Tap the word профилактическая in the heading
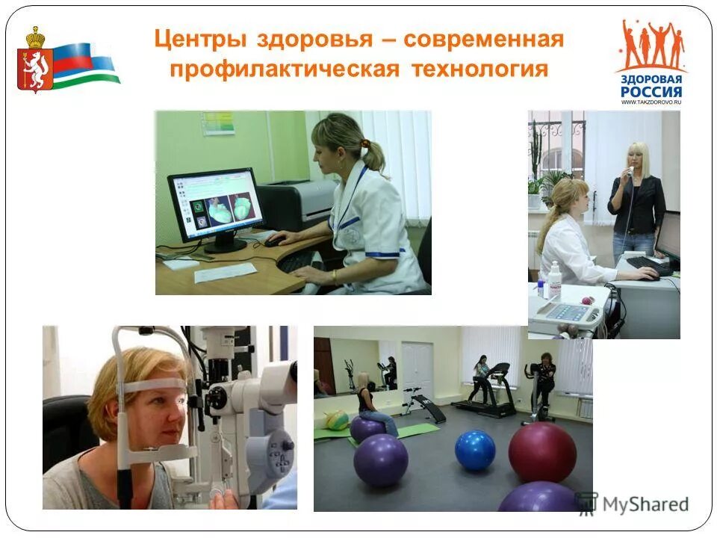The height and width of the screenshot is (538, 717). [284, 69]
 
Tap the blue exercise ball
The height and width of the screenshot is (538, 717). [475, 450]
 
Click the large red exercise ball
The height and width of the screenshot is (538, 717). [542, 452]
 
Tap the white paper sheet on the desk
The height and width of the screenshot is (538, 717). [224, 273]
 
